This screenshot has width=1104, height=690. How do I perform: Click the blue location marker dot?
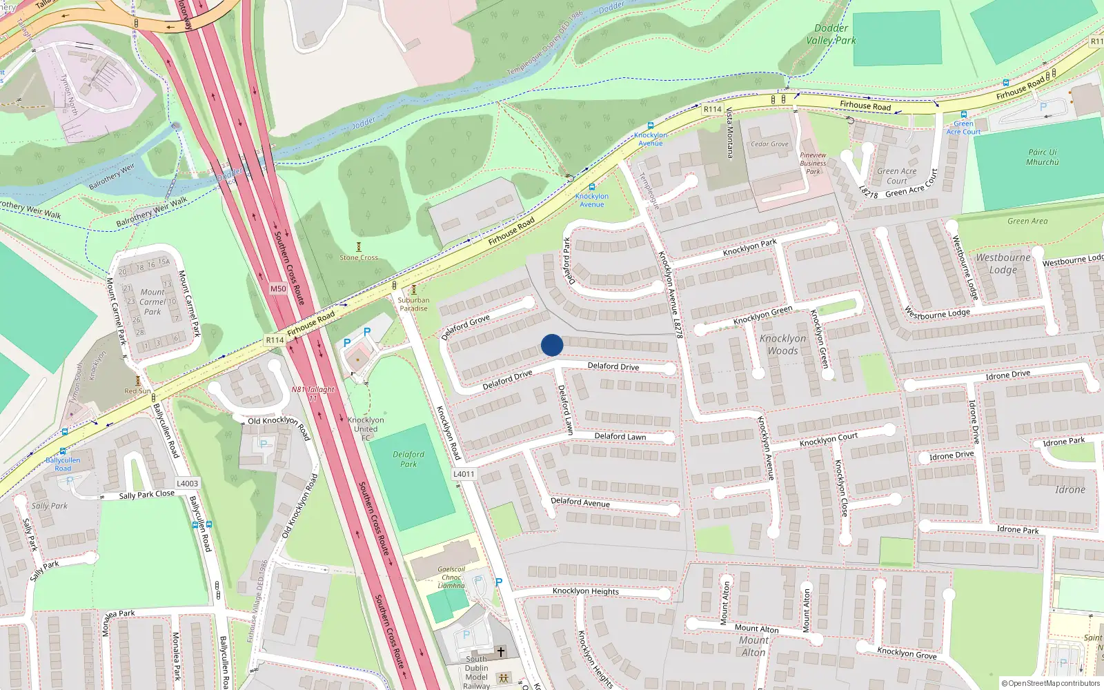coord(552,345)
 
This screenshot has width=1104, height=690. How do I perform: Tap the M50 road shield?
coord(278,289)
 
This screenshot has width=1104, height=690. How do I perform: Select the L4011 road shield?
coord(464,474)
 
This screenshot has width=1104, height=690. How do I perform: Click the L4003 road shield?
coord(187,484)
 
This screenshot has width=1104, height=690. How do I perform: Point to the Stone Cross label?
coord(359,257)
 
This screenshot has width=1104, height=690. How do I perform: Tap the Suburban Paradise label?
coord(413,304)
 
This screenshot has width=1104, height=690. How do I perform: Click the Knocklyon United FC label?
coord(366,428)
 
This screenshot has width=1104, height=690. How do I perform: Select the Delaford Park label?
coord(408,459)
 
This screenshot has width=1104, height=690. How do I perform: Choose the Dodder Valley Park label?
coord(831,34)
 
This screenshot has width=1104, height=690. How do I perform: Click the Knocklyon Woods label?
coord(782,344)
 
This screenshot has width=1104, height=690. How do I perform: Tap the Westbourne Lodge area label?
coord(1003,263)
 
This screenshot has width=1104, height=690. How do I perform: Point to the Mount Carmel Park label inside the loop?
coord(152,302)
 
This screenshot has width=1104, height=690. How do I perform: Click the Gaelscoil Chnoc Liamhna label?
coord(451,578)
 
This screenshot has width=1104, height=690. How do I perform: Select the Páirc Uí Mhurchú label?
coord(1042,157)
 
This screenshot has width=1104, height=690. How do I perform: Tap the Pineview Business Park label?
coord(814,164)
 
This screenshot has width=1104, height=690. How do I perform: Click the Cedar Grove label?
coord(769,144)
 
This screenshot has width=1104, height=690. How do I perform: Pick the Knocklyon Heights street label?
coord(586,591)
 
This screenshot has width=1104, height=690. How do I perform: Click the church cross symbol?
coord(501,651)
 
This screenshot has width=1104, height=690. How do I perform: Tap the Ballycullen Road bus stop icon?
coord(63,451)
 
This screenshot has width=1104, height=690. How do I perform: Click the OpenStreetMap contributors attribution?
coord(1051,683)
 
